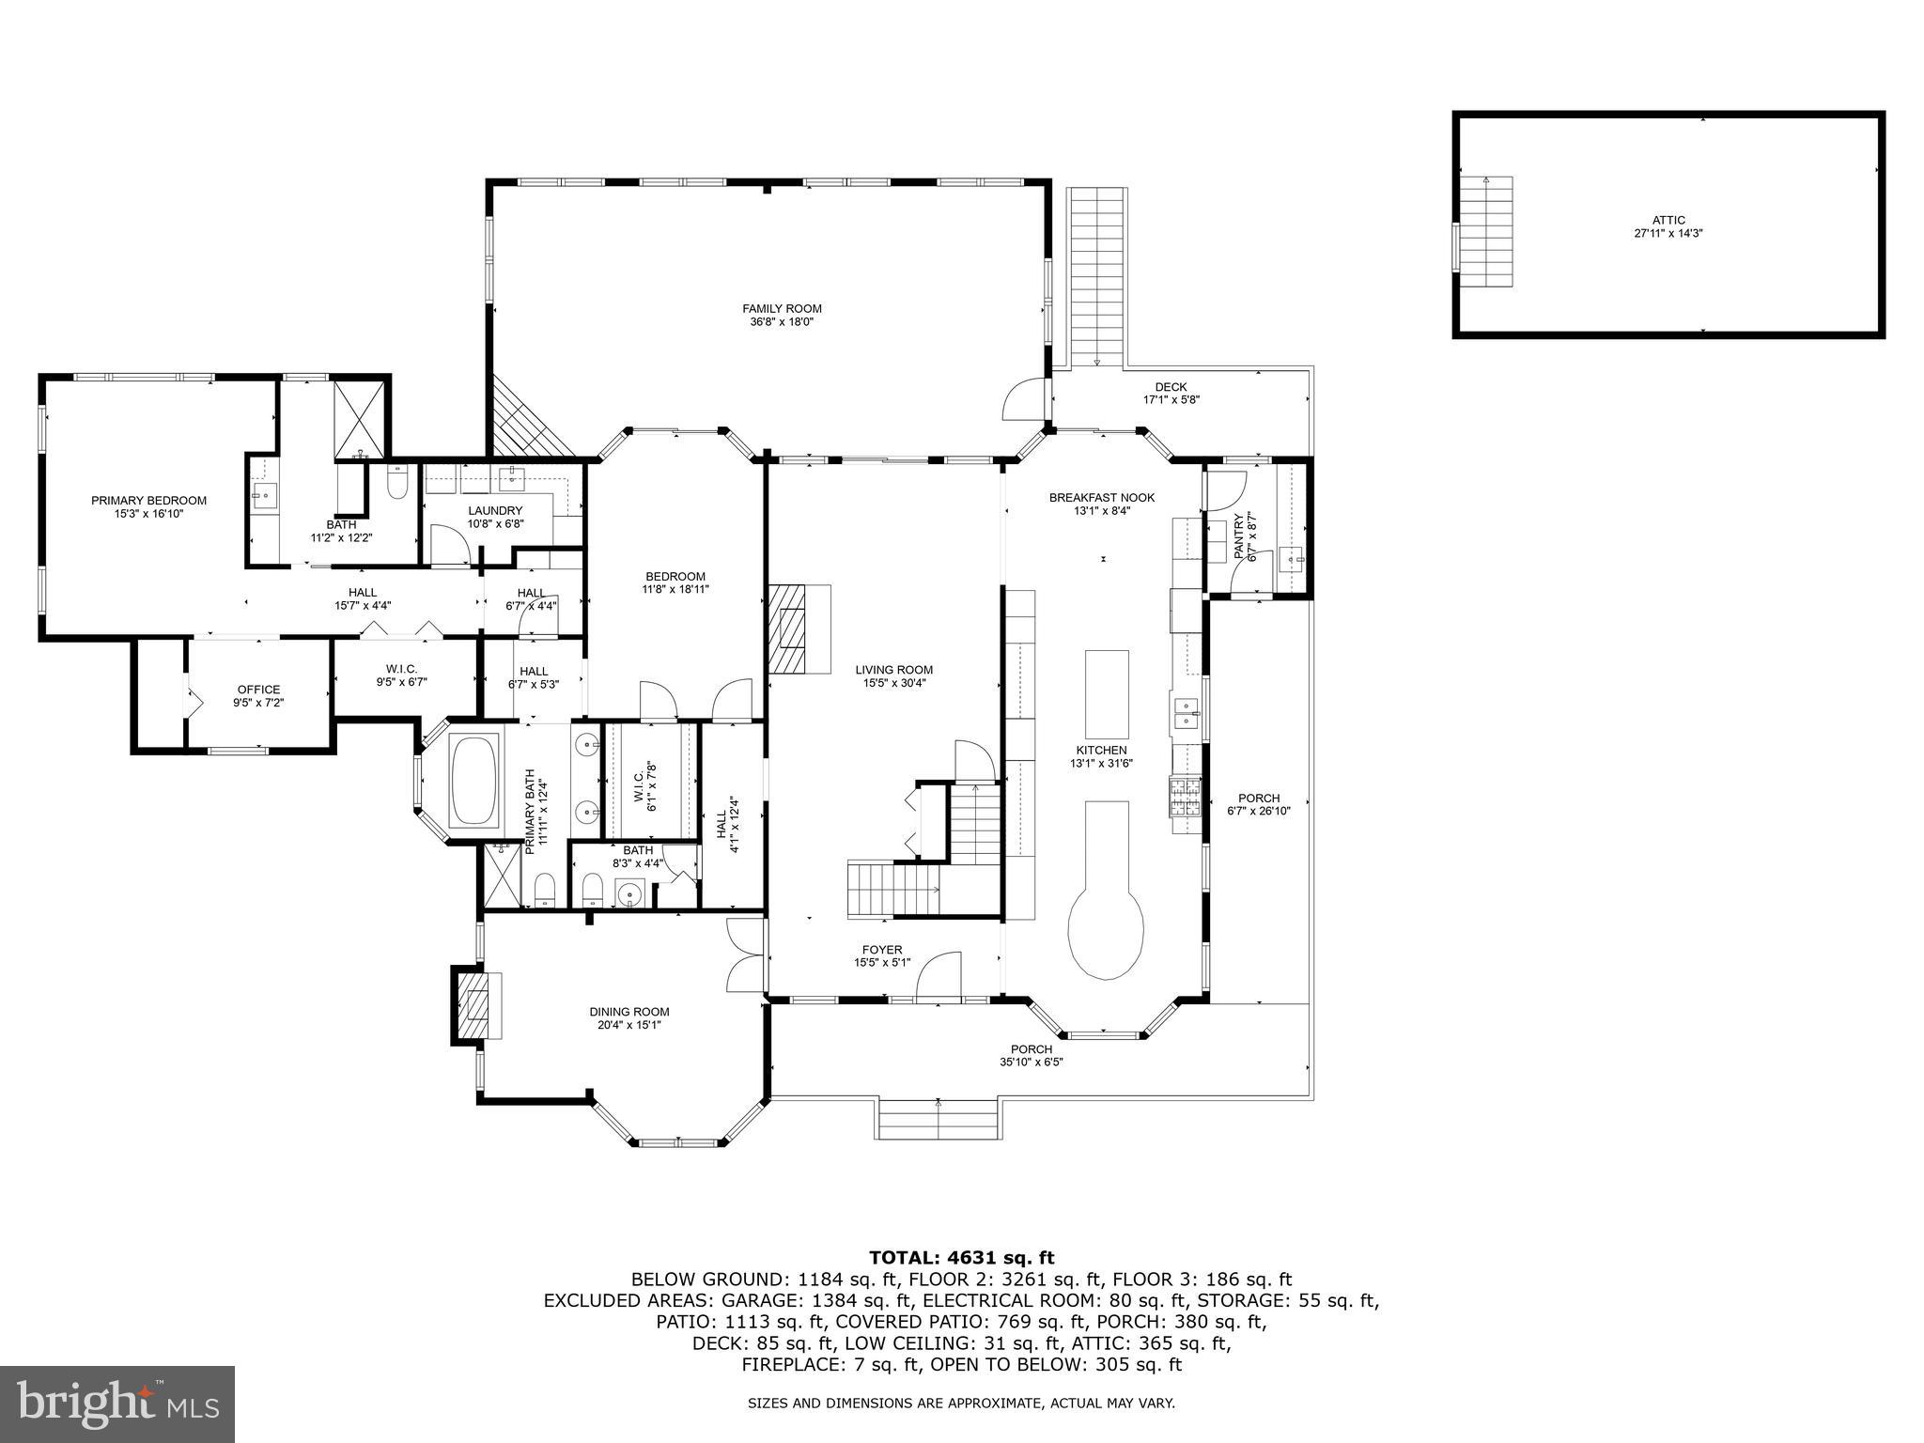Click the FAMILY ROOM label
782,308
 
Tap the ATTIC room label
1668,220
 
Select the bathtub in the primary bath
474,782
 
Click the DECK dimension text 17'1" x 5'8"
1171,399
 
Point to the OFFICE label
258,690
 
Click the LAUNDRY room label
495,510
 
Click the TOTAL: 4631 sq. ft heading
961,1258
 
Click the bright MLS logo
117,1404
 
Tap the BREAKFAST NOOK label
1101,498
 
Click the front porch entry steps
938,1119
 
